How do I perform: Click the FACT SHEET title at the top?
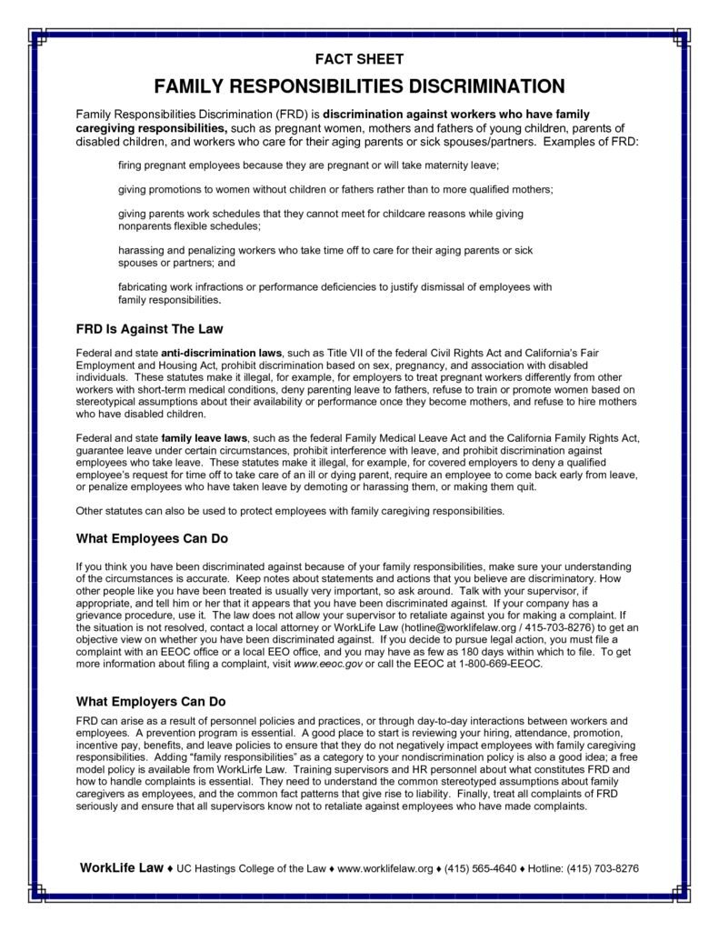click(x=359, y=59)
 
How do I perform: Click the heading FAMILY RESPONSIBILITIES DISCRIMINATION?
click(x=359, y=86)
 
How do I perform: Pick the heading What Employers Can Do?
click(x=150, y=702)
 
